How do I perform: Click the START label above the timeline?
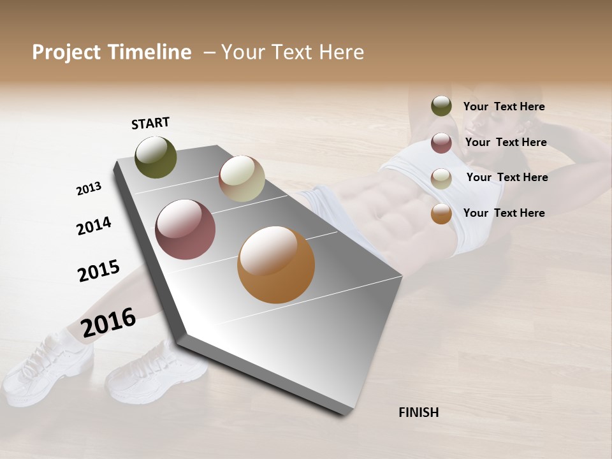pyautogui.click(x=150, y=123)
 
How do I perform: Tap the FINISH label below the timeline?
pyautogui.click(x=419, y=412)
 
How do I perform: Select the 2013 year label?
pyautogui.click(x=89, y=189)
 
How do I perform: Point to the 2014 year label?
pyautogui.click(x=94, y=226)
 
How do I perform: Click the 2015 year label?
pyautogui.click(x=99, y=271)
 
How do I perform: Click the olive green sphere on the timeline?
pyautogui.click(x=156, y=157)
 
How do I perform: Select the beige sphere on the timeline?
pyautogui.click(x=242, y=178)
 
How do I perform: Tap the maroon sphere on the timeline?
pyautogui.click(x=186, y=229)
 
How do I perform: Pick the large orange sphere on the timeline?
pyautogui.click(x=276, y=265)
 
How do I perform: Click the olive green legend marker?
pyautogui.click(x=441, y=106)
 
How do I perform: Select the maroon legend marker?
pyautogui.click(x=441, y=143)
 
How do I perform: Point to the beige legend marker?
pyautogui.click(x=441, y=178)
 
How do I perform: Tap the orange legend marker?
pyautogui.click(x=441, y=214)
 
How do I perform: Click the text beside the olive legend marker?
pyautogui.click(x=504, y=106)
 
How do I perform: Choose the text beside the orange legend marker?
pyautogui.click(x=504, y=213)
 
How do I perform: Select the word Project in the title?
pyautogui.click(x=66, y=52)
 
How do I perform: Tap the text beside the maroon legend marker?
pyautogui.click(x=506, y=142)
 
